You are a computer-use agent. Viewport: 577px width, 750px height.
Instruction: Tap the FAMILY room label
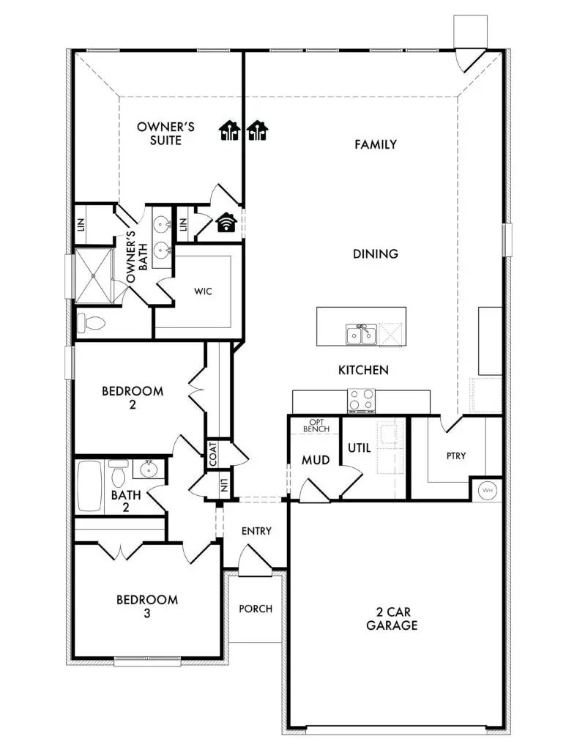(376, 145)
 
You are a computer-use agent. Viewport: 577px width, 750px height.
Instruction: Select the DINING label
(376, 254)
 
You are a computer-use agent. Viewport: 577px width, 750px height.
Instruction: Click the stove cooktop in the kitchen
(361, 400)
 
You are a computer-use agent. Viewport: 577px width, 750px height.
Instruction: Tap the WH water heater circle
(488, 489)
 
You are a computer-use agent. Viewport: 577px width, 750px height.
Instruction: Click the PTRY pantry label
(455, 456)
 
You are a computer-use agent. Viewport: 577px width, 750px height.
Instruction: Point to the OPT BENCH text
(316, 426)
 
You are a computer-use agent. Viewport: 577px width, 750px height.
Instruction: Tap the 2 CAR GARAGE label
(392, 618)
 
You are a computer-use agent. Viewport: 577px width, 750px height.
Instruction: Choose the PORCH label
(256, 609)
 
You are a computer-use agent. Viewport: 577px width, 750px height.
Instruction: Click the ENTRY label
(256, 531)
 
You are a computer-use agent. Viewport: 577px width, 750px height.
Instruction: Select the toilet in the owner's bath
(92, 322)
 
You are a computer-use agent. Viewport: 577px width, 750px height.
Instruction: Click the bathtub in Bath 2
(90, 485)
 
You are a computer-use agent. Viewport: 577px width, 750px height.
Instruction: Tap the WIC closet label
(203, 292)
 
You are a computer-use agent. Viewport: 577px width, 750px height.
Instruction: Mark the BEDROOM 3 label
(147, 606)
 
